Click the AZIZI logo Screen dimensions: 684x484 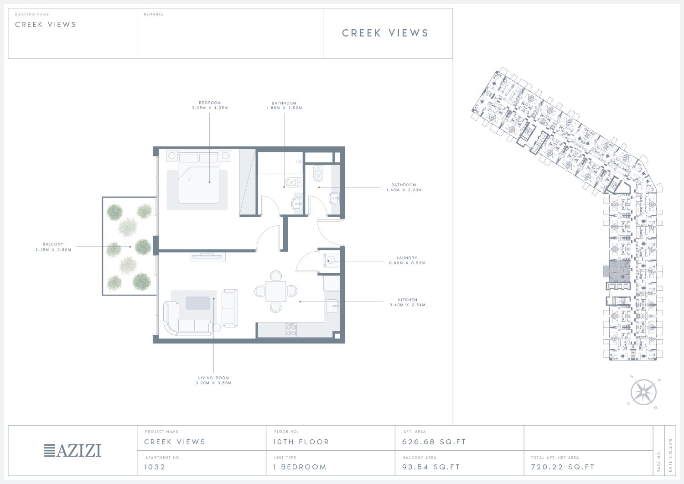tap(73, 451)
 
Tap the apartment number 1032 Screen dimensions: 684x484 tap(155, 467)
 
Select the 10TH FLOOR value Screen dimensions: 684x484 tap(301, 442)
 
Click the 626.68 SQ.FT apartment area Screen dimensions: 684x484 tap(434, 442)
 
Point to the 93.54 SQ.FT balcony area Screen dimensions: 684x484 tap(431, 467)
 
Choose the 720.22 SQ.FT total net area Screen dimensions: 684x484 tap(563, 467)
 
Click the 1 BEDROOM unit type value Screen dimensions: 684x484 tap(300, 467)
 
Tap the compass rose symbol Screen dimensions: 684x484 tap(643, 392)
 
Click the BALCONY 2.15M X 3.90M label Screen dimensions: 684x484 tap(53, 247)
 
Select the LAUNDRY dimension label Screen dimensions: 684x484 tap(407, 260)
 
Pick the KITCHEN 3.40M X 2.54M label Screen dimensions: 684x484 tap(408, 302)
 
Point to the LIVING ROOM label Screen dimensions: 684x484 tap(213, 380)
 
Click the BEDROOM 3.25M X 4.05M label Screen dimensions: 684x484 tap(210, 105)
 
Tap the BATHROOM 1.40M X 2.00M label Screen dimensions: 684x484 tap(404, 187)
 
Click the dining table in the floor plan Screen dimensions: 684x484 tap(276, 291)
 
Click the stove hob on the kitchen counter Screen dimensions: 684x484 tap(291, 330)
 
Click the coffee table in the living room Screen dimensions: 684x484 tap(198, 303)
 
